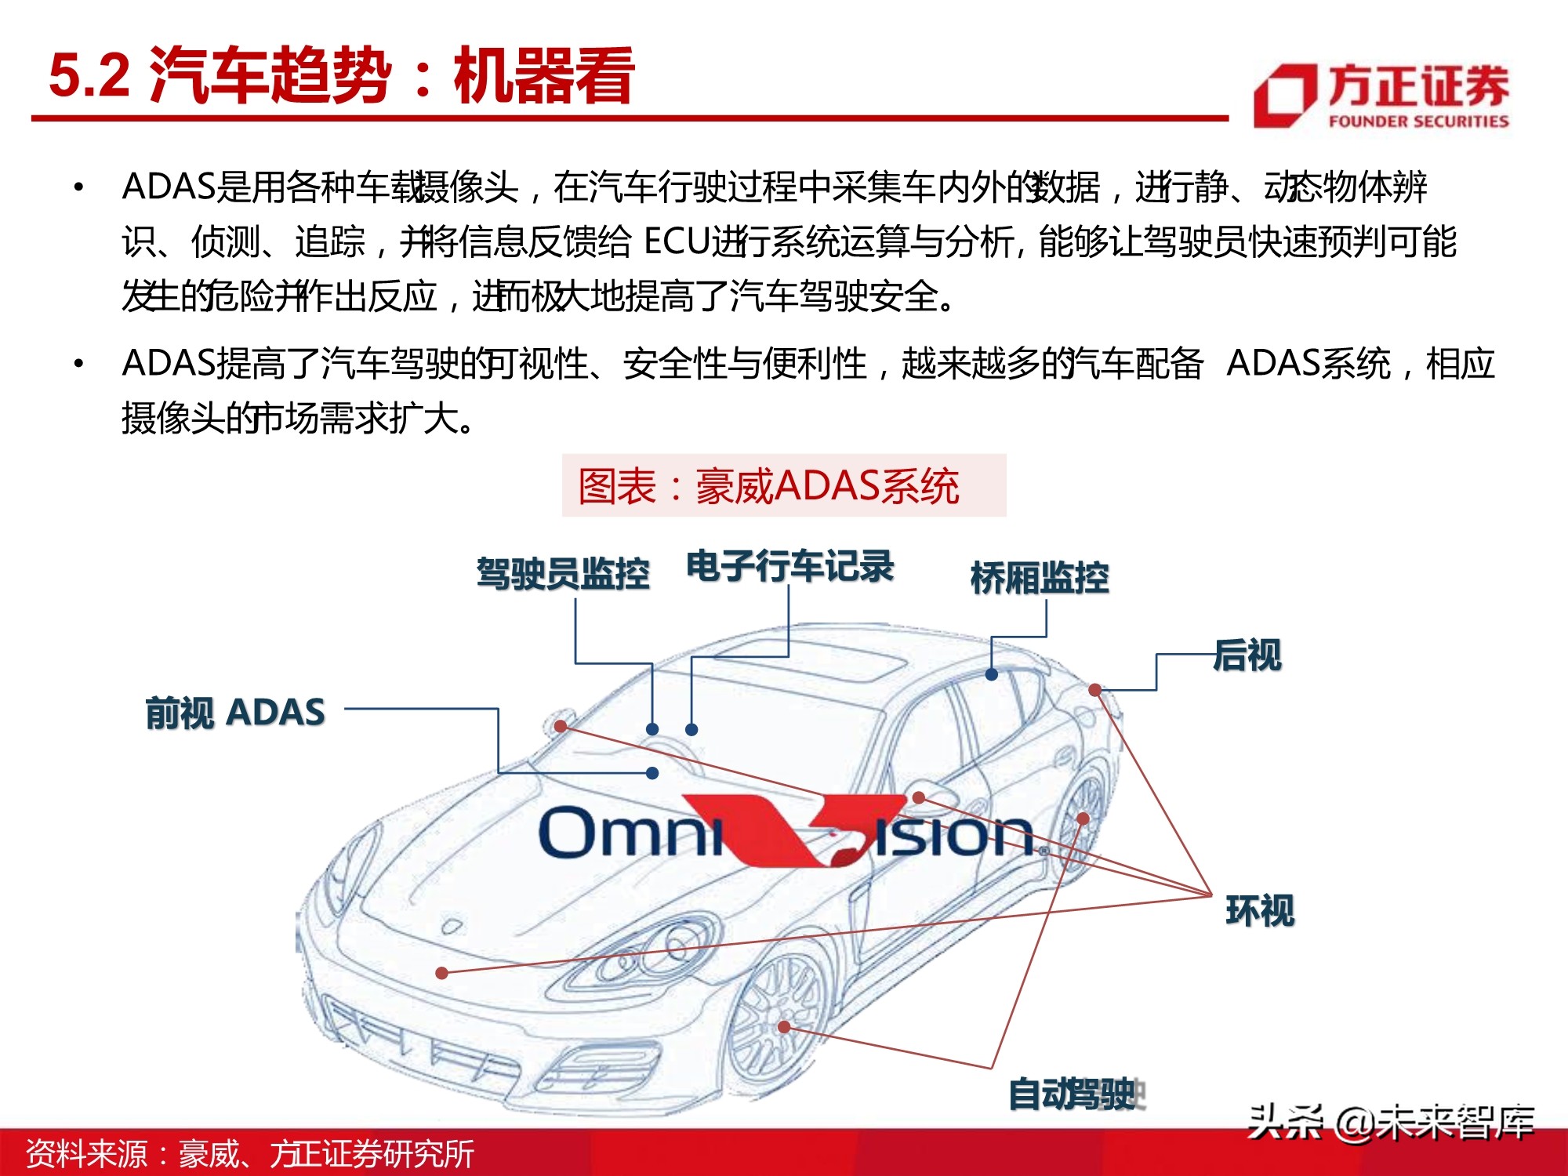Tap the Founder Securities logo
pos(1381,96)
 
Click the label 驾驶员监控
pos(563,573)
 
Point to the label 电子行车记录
pos(789,566)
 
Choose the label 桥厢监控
pos(1040,578)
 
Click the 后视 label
pos(1247,655)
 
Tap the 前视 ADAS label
pos(235,713)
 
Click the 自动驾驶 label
pos(1074,1094)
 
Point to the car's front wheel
pos(776,1011)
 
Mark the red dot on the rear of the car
pos(1094,690)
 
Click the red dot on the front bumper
pos(442,973)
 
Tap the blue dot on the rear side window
pos(992,674)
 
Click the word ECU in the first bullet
pos(676,241)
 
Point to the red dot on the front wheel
pos(784,1026)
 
